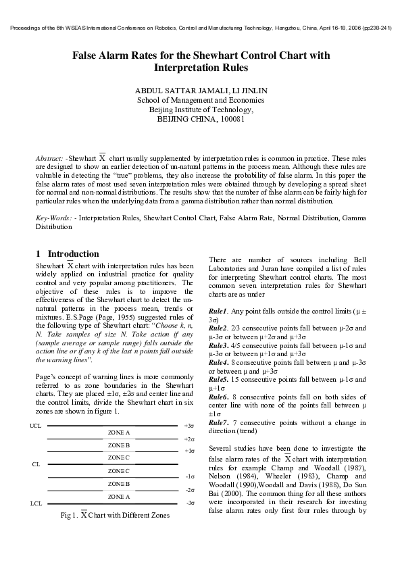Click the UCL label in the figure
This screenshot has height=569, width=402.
(x=36, y=426)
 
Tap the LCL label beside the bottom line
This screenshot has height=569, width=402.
(x=36, y=503)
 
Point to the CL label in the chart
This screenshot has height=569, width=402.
(x=36, y=464)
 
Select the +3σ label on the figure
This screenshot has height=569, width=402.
(x=189, y=426)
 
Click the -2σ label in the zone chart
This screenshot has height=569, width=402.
(x=190, y=489)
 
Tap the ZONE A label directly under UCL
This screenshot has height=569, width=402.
(x=119, y=432)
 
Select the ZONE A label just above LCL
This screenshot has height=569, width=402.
(x=119, y=497)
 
